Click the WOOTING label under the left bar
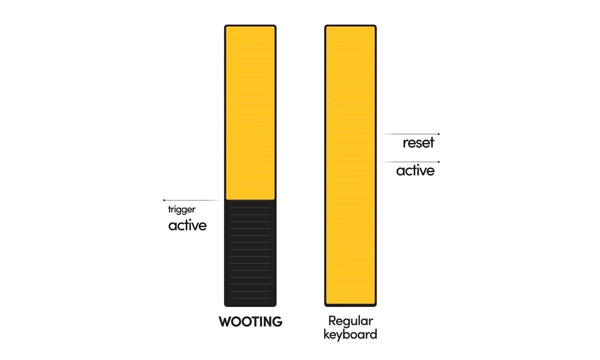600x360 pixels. pos(250,321)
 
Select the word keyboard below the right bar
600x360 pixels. pos(350,334)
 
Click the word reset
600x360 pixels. pos(418,143)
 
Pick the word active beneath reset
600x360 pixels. pos(415,170)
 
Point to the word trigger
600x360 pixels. pos(182,209)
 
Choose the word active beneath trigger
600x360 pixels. pos(187,225)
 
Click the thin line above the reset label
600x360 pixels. pos(410,133)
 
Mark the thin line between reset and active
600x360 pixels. pos(410,162)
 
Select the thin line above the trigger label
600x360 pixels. pos(192,200)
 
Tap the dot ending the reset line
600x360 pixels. pos(438,134)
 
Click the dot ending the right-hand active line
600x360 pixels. pos(438,162)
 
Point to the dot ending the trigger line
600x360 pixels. pos(164,200)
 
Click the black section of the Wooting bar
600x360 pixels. pos(250,253)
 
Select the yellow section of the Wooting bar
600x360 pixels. pos(250,112)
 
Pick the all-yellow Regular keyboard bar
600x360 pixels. pos(350,165)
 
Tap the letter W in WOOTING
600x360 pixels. pos(225,321)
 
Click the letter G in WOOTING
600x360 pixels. pos(277,321)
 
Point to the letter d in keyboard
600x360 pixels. pos(373,334)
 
